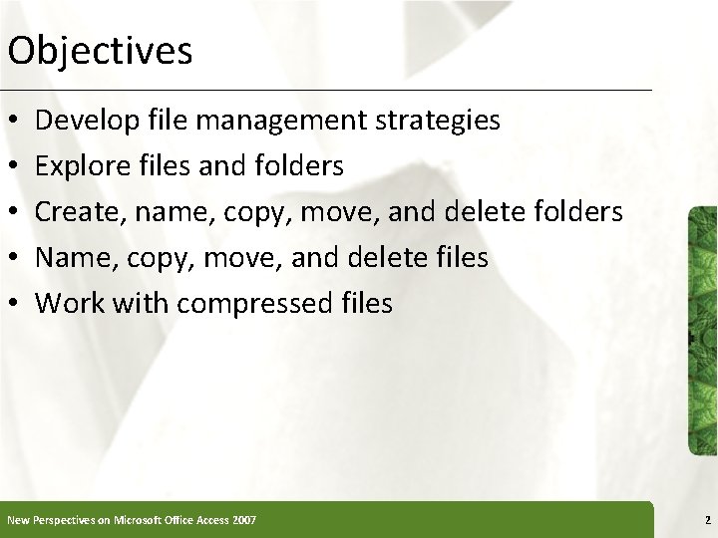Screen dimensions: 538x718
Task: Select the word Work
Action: [x=67, y=303]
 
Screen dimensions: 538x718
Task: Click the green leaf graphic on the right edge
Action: [x=702, y=329]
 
